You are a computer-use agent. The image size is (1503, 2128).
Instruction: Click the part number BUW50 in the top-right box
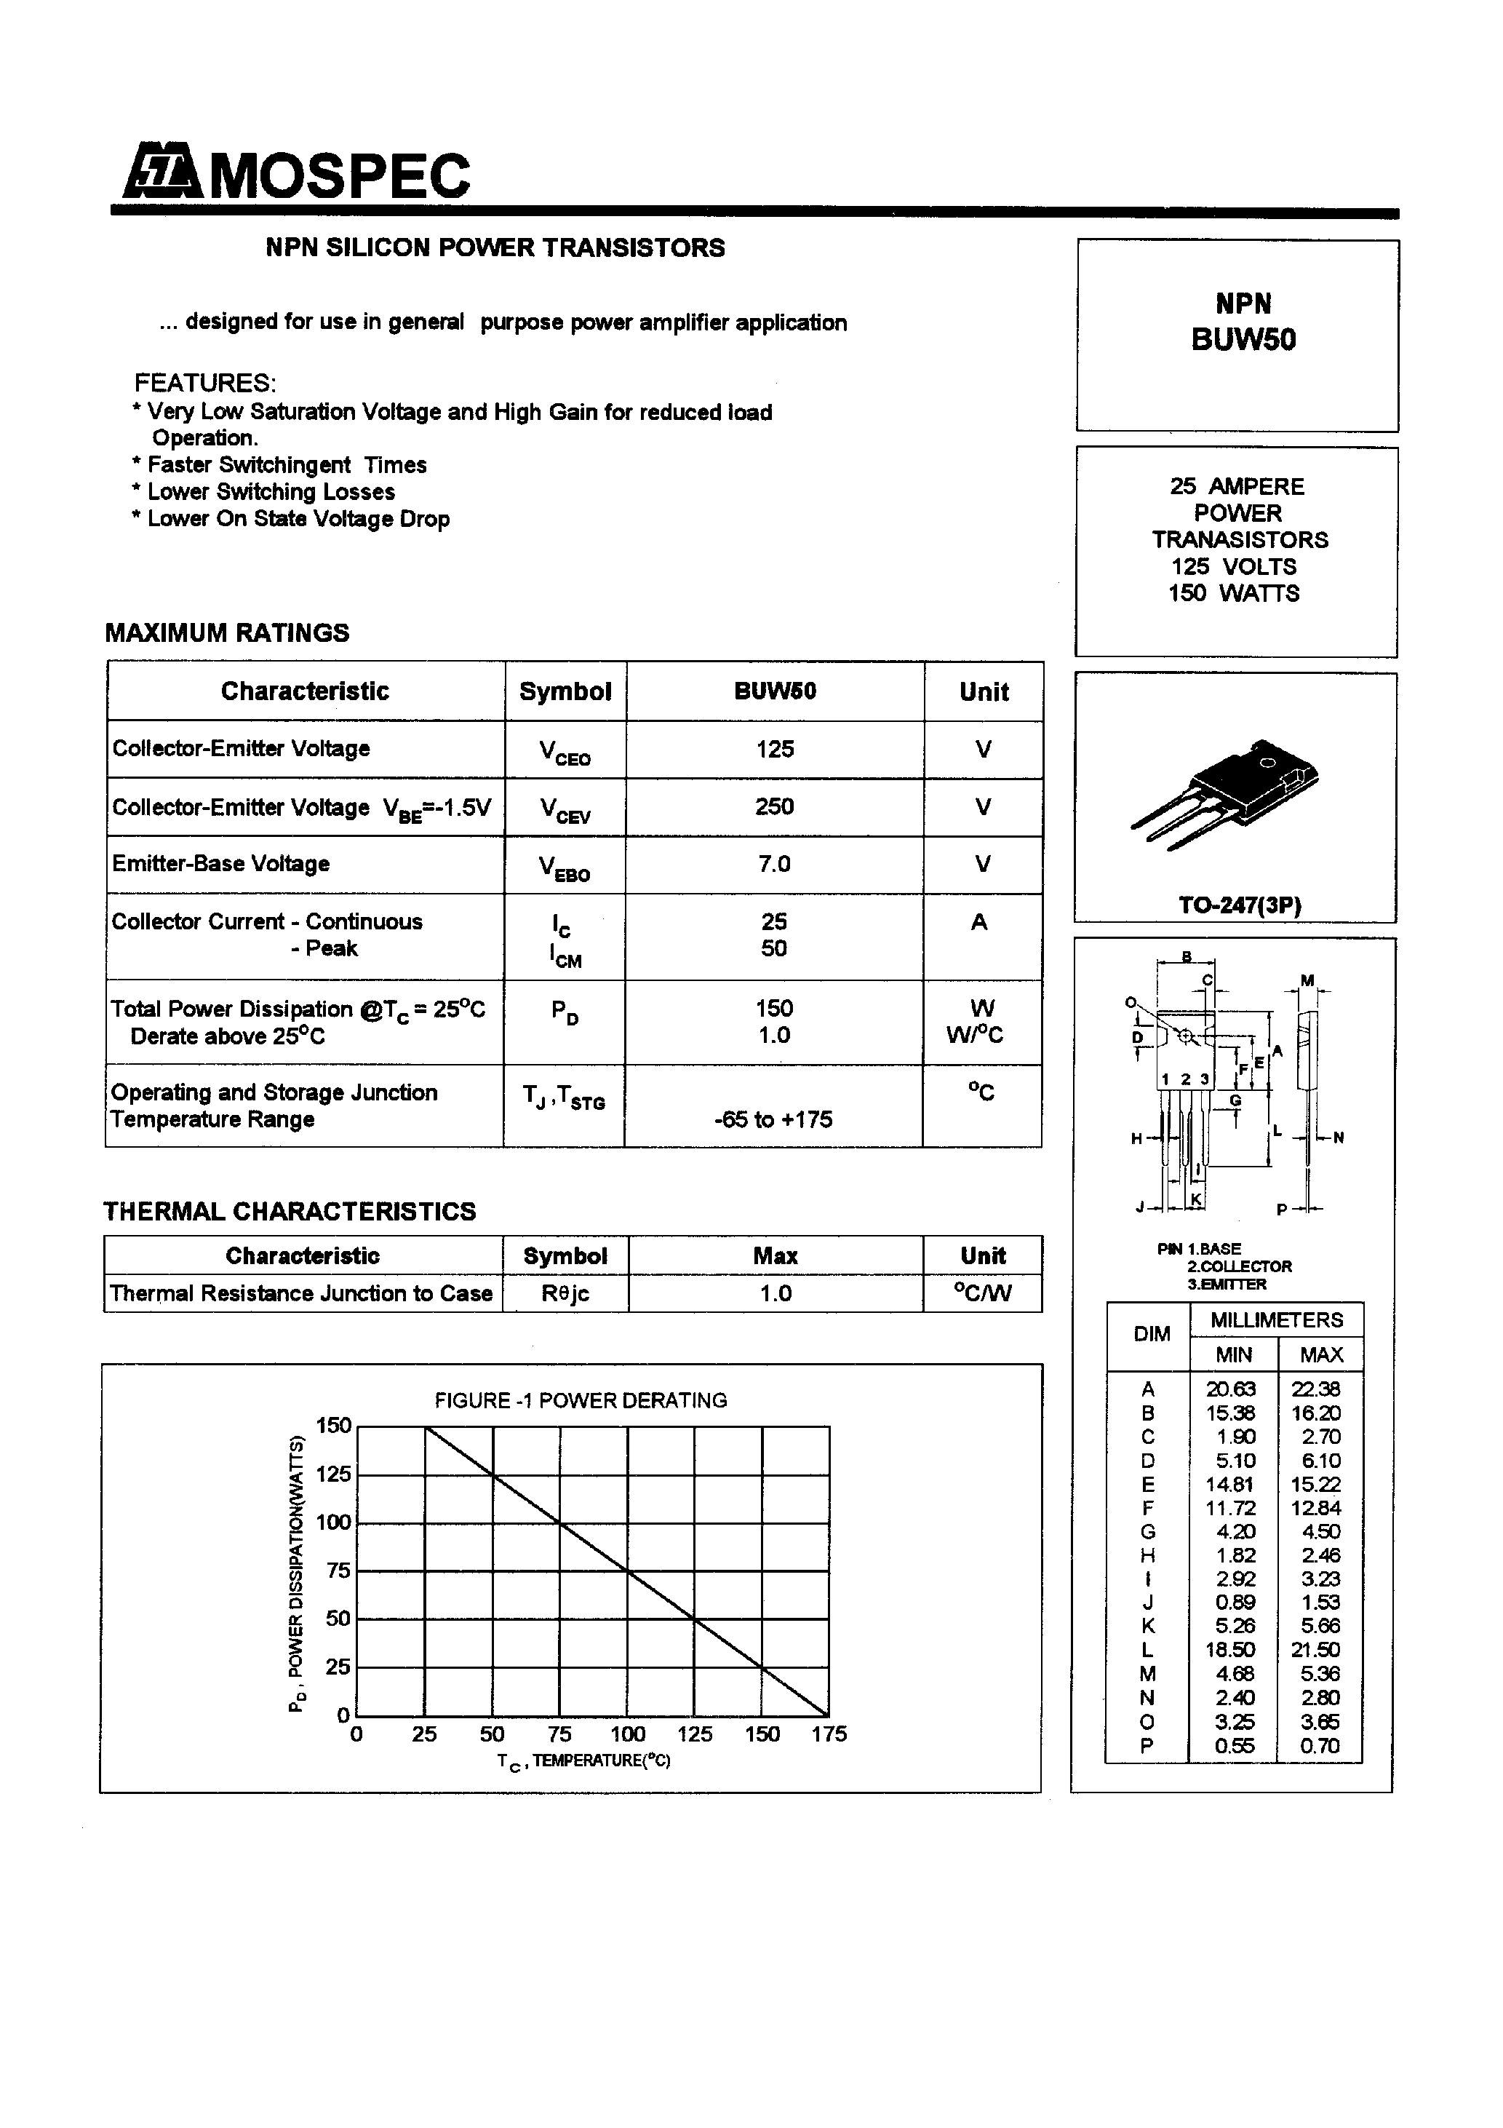coord(1243,340)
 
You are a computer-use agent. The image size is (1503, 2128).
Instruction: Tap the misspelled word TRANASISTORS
coord(1240,539)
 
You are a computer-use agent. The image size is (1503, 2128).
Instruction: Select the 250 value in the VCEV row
coord(774,806)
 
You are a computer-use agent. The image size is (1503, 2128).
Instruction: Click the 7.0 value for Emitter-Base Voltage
coord(774,864)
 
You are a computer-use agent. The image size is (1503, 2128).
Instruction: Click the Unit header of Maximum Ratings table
coord(983,691)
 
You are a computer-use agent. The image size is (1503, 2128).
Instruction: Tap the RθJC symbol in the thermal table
coord(565,1293)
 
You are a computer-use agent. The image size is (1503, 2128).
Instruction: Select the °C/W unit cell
coord(982,1293)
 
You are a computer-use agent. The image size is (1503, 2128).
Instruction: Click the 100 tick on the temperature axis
coord(627,1734)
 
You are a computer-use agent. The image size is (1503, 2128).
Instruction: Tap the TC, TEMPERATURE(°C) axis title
coord(583,1761)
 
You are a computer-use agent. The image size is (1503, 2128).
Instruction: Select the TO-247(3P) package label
coord(1239,905)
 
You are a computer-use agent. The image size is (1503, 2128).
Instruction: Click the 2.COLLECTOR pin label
coord(1239,1266)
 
